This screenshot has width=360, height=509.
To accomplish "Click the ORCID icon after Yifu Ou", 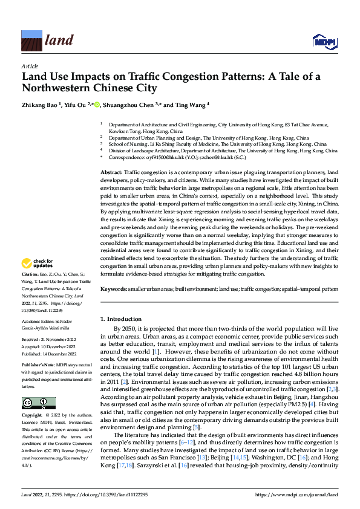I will pyautogui.click(x=99, y=103).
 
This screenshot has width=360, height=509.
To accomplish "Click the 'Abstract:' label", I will pyautogui.click(x=111, y=173).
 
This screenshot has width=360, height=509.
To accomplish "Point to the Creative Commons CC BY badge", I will pyautogui.click(x=38, y=403).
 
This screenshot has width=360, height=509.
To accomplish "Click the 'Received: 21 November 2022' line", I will pyautogui.click(x=48, y=340).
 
